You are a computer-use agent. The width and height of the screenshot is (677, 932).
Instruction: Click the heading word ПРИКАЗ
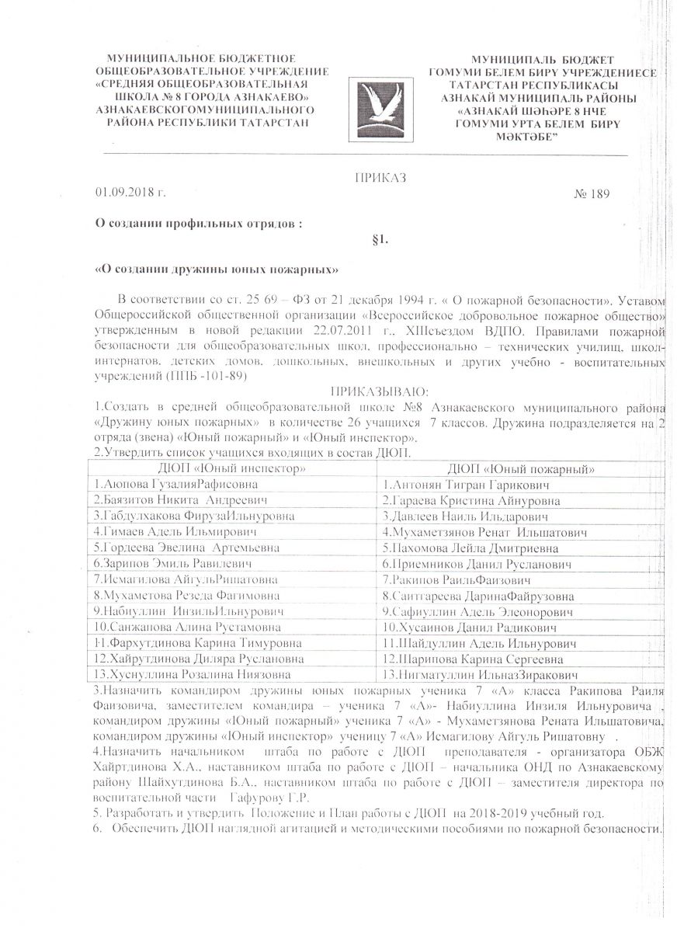[380, 177]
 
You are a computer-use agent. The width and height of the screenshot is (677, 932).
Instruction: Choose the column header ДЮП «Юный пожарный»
[522, 468]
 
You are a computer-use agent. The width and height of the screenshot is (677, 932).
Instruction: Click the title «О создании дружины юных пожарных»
[217, 270]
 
